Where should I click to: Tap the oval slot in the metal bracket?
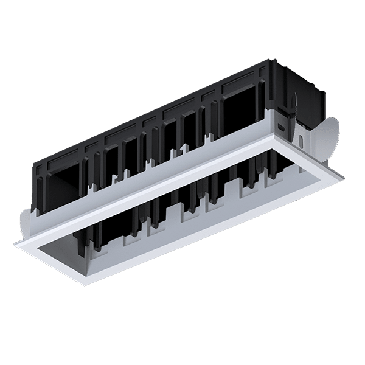(x=281, y=127)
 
